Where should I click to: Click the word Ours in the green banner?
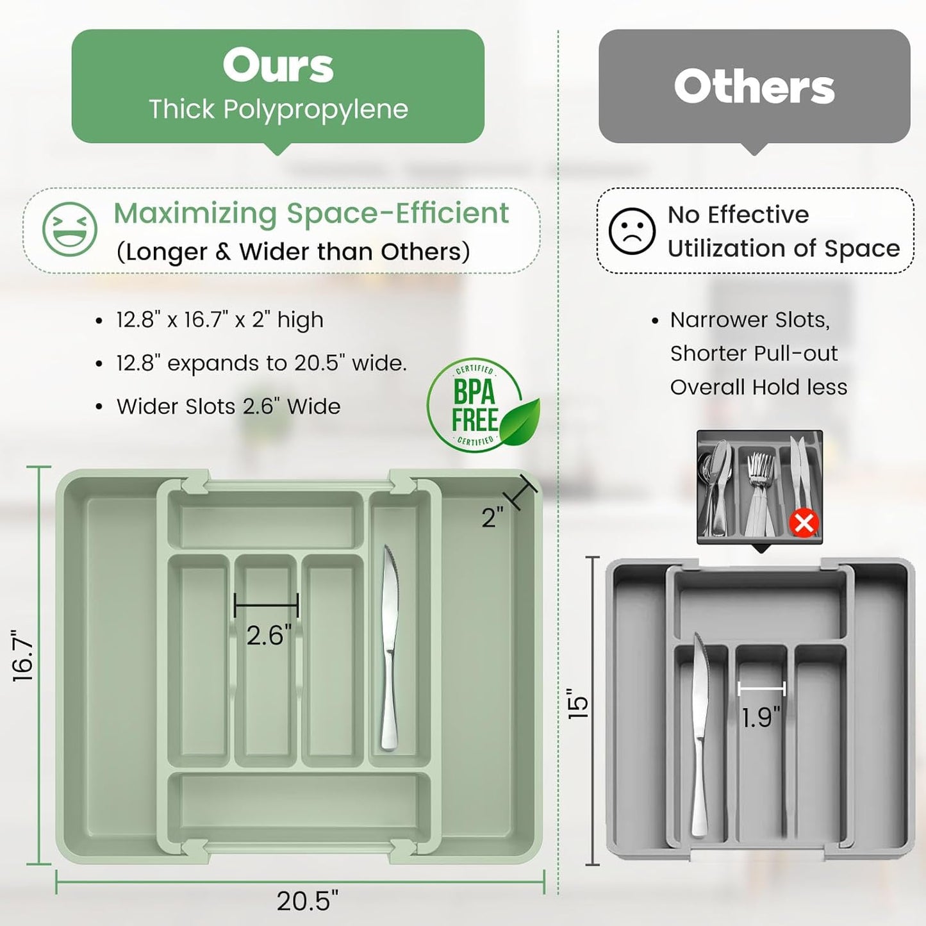pos(278,65)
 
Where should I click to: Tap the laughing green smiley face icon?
pos(69,229)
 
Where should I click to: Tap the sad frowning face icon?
pos(631,231)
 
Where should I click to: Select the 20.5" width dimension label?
pos(307,901)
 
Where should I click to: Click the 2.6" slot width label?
pos(269,635)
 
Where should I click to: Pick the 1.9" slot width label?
pos(761,717)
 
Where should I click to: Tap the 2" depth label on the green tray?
pos(492,518)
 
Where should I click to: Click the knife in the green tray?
pos(390,647)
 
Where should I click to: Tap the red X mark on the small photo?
pos(804,524)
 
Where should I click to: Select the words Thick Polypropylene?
pos(278,109)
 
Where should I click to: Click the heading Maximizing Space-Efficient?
pos(311,213)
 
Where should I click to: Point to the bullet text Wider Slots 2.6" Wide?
pos(228,406)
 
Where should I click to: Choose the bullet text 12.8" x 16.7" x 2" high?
pos(219,319)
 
